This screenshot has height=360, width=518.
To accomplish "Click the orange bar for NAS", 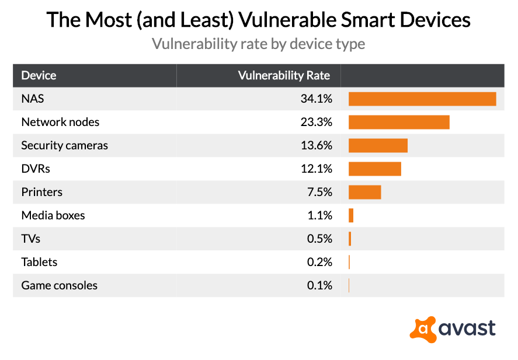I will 422,99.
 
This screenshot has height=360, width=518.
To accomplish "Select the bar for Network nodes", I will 399,122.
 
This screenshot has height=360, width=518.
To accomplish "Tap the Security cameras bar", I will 378,145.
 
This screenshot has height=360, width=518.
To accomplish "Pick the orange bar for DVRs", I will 374,169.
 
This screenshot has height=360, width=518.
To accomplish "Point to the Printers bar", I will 364,192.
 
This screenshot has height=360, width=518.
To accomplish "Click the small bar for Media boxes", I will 351,215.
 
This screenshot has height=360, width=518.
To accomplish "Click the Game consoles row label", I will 59,285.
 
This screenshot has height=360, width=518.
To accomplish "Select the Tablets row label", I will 39,262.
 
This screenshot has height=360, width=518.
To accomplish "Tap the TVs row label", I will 31,239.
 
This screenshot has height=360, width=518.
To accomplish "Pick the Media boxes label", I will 53,215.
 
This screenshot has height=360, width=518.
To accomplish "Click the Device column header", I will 39,75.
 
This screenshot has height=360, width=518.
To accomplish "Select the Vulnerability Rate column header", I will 284,75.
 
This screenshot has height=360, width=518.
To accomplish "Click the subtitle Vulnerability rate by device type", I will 259,44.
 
